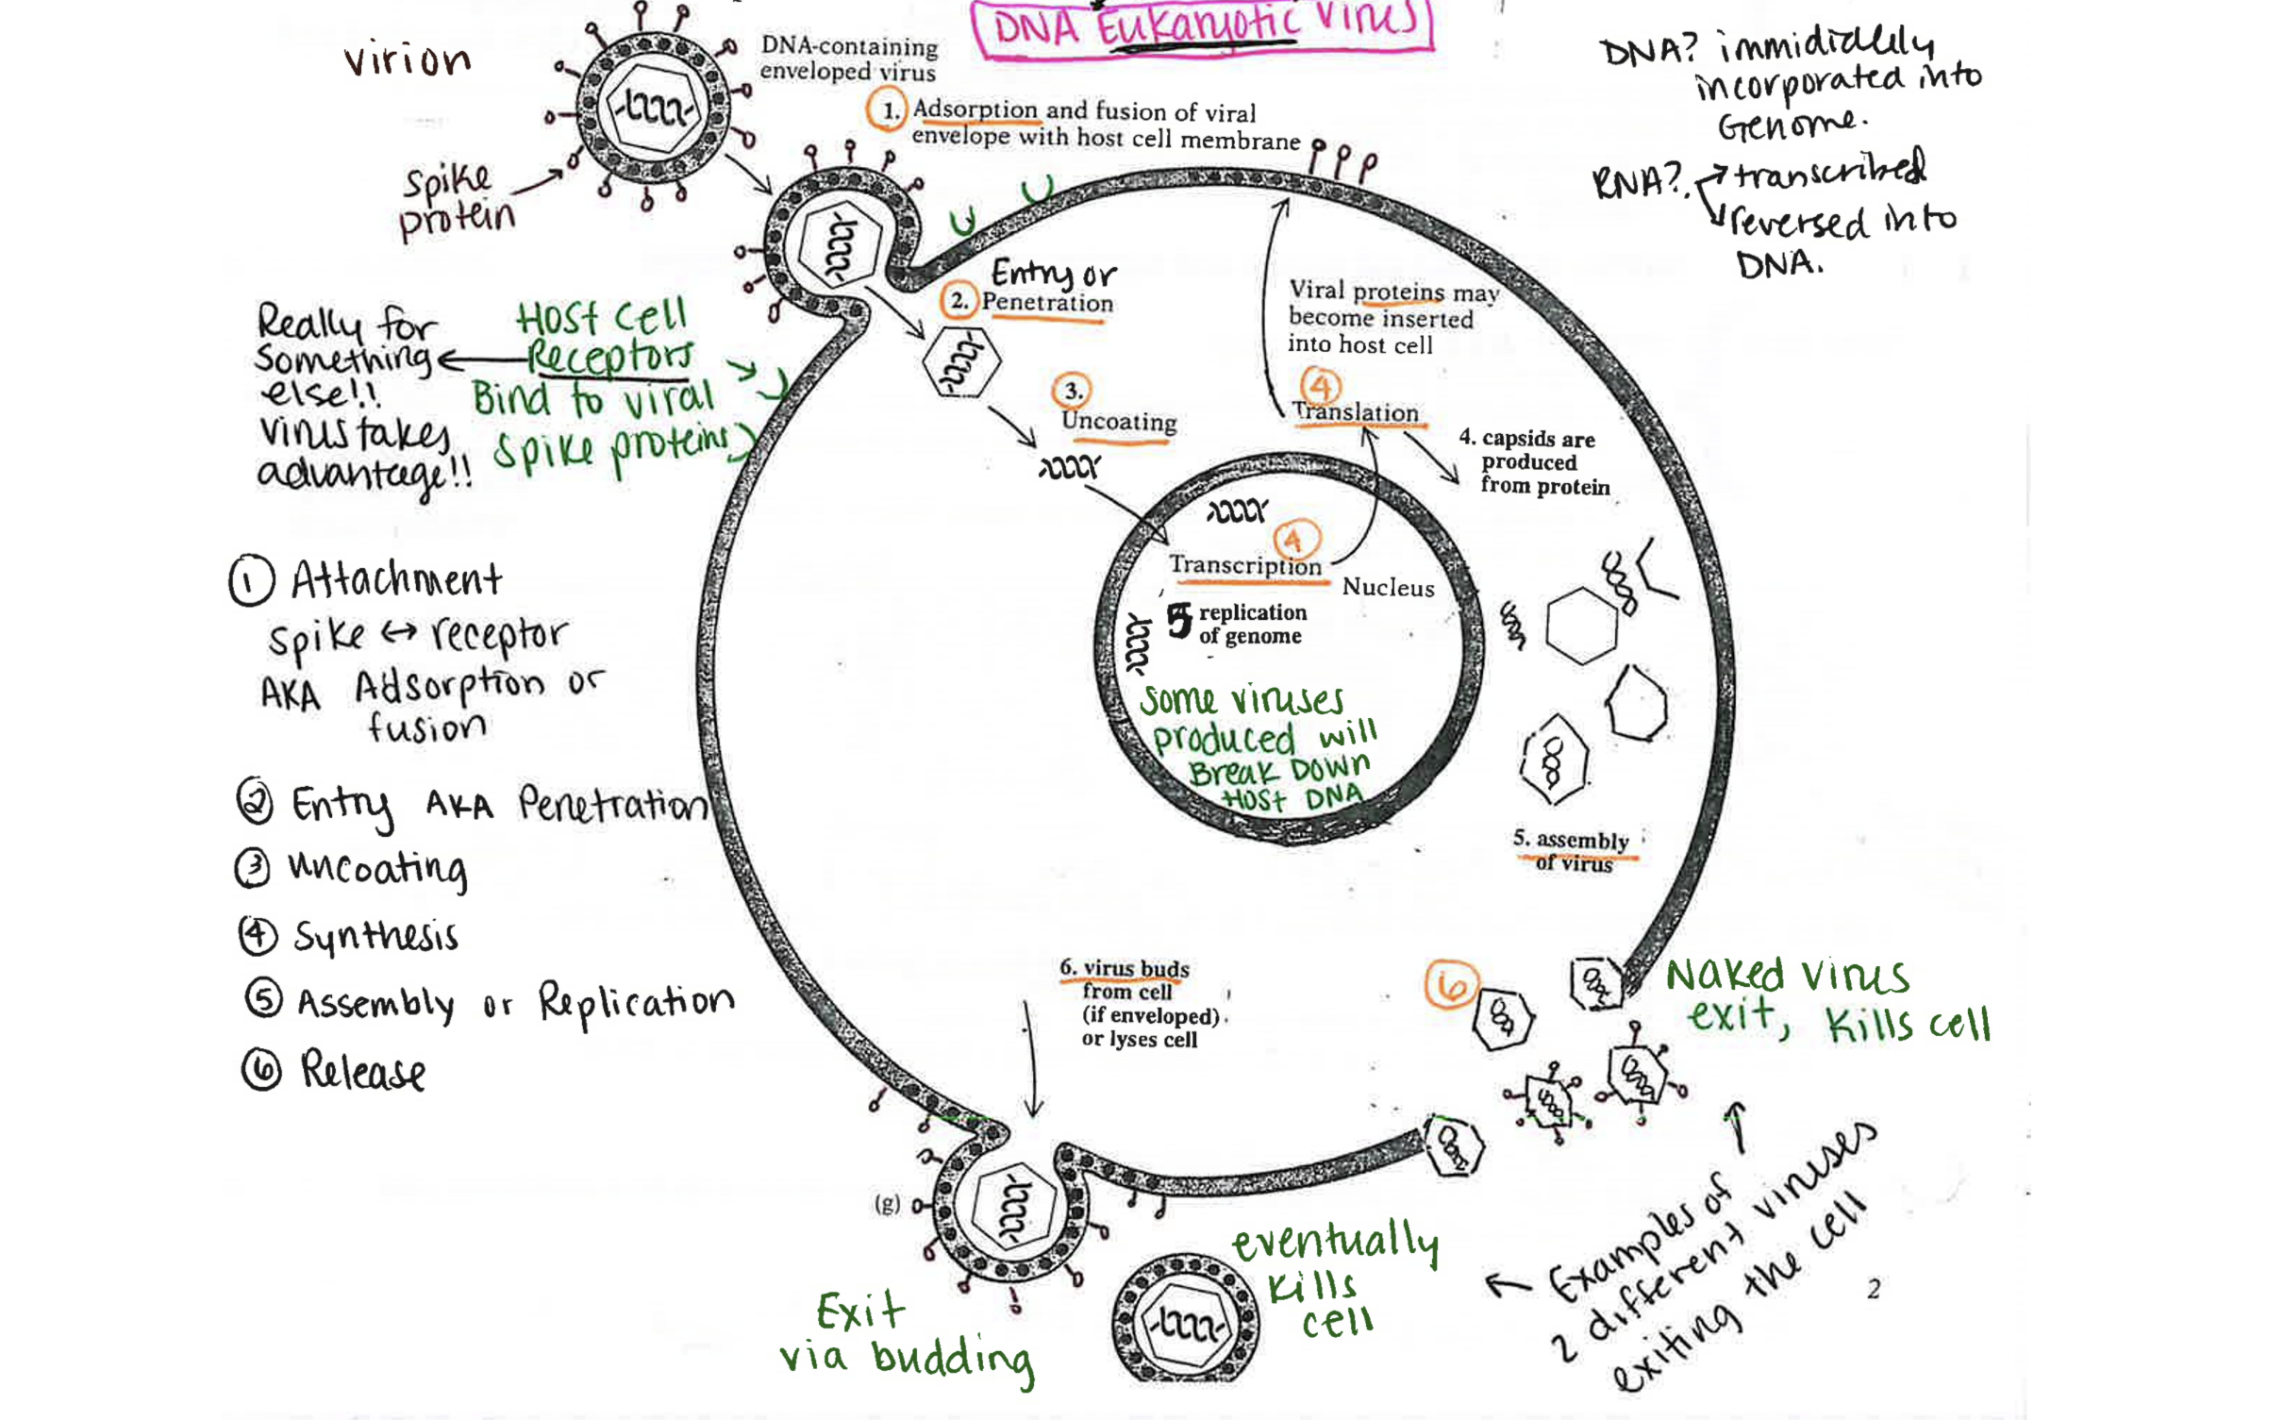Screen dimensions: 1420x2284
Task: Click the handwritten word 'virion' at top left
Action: point(408,60)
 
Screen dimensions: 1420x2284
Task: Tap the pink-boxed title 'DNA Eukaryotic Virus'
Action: point(1203,26)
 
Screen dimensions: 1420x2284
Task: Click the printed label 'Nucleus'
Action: point(1388,587)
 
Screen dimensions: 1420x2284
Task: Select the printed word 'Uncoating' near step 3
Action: point(1119,421)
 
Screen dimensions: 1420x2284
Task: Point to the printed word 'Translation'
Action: point(1356,412)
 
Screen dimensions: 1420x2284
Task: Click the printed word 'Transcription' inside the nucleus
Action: point(1245,565)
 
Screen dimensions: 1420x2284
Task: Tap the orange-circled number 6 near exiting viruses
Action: point(1451,985)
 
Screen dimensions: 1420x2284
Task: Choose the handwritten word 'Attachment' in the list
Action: point(396,579)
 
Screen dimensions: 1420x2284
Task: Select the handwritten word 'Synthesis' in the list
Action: point(375,936)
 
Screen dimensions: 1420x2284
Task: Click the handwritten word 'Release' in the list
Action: point(363,1071)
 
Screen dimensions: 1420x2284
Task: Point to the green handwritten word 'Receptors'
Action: point(609,358)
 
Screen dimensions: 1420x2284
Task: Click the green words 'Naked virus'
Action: point(1787,976)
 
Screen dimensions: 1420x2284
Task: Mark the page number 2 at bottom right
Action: point(1874,1289)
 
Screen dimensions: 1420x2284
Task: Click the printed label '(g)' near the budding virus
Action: point(887,1203)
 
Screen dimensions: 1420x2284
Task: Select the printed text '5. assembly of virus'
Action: point(1573,850)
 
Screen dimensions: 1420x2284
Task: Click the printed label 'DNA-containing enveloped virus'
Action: point(848,58)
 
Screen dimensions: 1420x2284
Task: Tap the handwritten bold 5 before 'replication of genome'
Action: point(1179,620)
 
